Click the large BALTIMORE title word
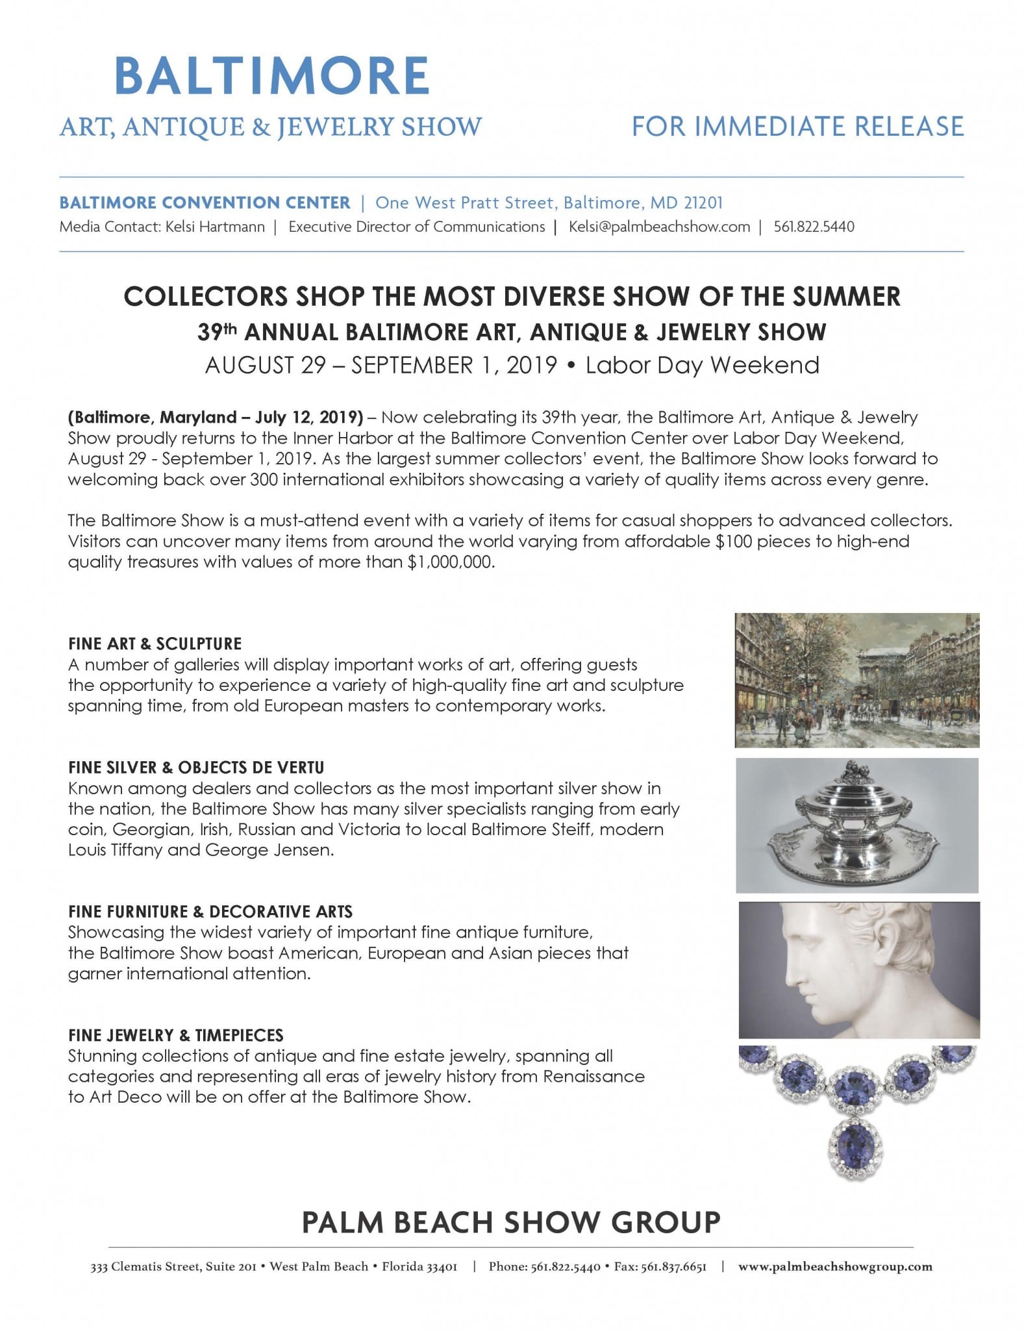272,77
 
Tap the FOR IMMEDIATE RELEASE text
797,126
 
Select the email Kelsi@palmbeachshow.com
659,227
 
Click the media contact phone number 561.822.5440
814,227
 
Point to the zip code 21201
703,203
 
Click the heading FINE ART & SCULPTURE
155,644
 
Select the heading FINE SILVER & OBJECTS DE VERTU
195,767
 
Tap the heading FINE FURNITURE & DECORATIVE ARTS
210,911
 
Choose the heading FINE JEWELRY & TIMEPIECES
175,1035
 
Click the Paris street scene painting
856,679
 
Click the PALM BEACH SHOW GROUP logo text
511,1222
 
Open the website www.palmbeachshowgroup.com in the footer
835,1266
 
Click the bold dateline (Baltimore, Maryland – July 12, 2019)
215,417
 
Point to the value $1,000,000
450,562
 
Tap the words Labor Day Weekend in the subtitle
702,365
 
